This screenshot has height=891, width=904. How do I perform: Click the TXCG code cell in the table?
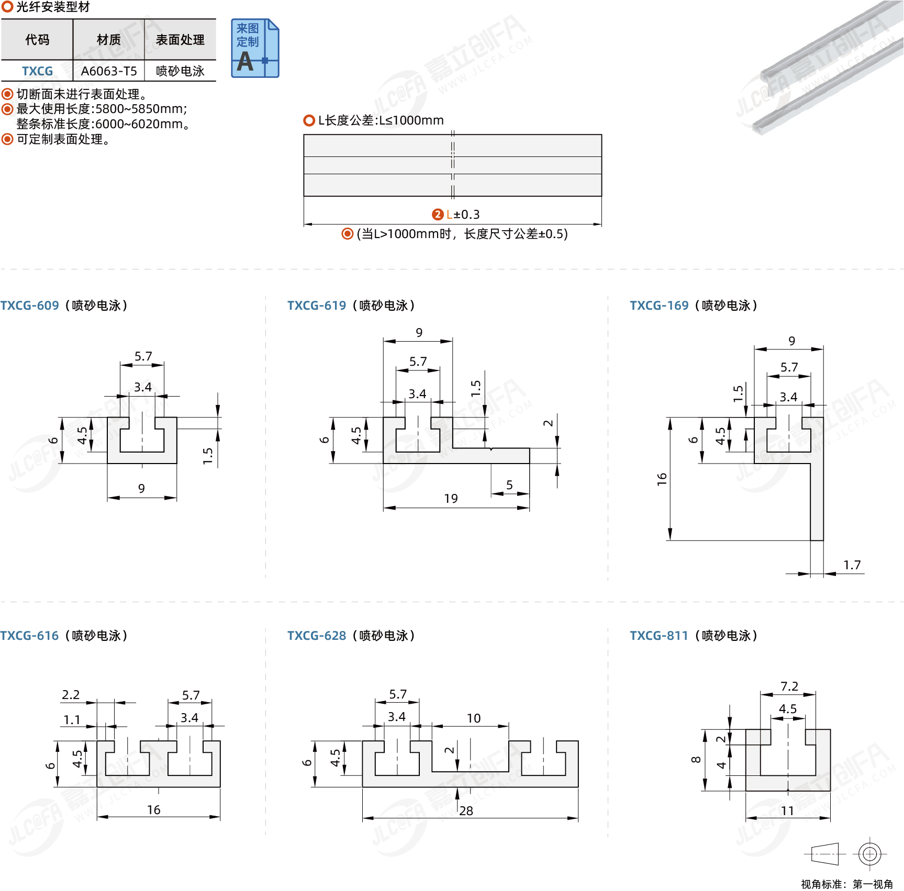point(37,71)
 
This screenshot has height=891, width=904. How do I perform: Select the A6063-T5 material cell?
point(109,71)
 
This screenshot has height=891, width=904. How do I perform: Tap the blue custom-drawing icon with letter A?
point(255,48)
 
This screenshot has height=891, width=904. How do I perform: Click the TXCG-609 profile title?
point(64,306)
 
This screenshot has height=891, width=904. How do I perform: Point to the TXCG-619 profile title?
point(351,306)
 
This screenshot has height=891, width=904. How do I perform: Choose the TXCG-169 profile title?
point(694,306)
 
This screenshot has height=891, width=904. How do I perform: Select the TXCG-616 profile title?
point(64,636)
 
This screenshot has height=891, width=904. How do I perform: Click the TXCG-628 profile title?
point(351,636)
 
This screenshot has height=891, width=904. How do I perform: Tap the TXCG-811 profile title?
point(694,636)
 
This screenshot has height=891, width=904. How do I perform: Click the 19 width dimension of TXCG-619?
point(451,499)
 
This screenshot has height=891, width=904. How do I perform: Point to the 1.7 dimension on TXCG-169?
point(852,565)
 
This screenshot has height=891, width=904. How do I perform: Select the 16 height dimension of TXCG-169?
point(662,479)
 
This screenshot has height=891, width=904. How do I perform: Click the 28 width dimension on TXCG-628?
point(466,811)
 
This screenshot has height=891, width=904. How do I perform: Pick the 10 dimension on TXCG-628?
point(474,718)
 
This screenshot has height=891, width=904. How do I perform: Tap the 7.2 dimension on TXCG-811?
point(789,686)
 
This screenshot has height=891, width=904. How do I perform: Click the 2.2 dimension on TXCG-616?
point(71,695)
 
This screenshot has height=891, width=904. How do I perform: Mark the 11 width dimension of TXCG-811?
point(787,811)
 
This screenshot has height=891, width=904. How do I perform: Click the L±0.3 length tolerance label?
point(463,215)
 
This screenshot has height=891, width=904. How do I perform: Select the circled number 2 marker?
point(438,215)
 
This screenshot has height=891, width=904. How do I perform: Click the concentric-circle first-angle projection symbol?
point(869,854)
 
